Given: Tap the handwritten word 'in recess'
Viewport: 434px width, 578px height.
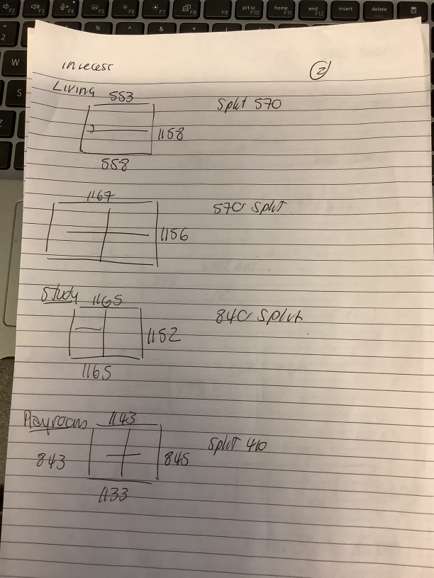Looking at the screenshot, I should click(x=88, y=67).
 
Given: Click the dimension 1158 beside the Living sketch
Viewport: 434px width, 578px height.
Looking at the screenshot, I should click(x=170, y=132).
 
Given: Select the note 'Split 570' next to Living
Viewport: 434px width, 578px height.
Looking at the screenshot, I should click(x=249, y=105).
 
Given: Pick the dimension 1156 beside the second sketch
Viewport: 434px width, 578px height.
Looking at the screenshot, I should click(x=174, y=234).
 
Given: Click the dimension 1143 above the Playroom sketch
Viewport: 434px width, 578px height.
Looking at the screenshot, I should click(x=123, y=419).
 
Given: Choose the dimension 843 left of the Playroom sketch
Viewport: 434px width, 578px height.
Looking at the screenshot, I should click(x=52, y=463).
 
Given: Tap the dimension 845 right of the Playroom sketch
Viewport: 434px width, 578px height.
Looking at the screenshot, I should click(x=177, y=459).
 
